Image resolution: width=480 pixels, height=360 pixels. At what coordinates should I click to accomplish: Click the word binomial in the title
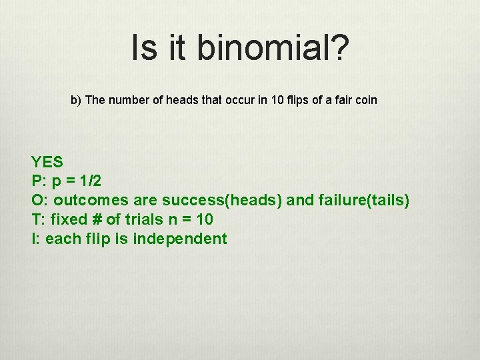tap(263, 49)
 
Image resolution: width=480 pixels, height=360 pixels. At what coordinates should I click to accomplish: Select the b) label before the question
tap(76, 100)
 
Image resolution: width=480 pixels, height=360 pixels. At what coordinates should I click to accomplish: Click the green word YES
tap(47, 161)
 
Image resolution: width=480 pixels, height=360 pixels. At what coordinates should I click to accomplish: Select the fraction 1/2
tap(89, 181)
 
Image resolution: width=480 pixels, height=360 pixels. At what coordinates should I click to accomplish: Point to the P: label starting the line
tap(38, 181)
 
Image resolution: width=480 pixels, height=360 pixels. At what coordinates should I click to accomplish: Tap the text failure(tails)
tap(365, 200)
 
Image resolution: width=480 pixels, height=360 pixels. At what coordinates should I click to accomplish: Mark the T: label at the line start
tap(37, 219)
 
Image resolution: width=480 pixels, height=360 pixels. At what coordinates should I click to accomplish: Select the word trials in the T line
tap(143, 219)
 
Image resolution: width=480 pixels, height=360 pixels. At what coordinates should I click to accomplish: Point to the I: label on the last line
tap(35, 239)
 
